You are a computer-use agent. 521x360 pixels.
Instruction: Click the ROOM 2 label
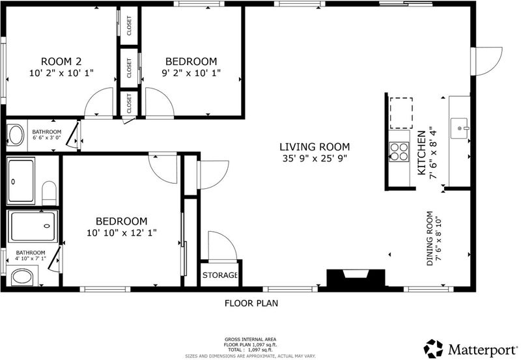click(x=61, y=61)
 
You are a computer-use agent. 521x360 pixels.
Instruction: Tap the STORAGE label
click(x=220, y=275)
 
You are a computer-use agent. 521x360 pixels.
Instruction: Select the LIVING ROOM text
click(x=315, y=146)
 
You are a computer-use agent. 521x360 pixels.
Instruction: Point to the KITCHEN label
click(x=421, y=153)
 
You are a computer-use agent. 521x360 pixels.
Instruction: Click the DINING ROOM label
click(x=430, y=238)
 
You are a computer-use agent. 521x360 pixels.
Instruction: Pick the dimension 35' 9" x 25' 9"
click(x=315, y=158)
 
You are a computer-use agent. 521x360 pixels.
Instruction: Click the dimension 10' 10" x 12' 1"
click(x=122, y=233)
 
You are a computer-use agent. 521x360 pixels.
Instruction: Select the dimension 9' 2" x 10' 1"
click(x=191, y=73)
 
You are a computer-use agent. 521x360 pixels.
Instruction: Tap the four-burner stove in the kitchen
click(x=399, y=152)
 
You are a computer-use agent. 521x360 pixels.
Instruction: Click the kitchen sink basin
click(x=459, y=128)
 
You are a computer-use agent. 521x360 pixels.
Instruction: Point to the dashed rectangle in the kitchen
click(x=401, y=113)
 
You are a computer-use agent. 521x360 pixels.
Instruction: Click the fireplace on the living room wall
click(x=356, y=277)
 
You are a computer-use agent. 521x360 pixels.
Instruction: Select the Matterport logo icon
click(x=433, y=349)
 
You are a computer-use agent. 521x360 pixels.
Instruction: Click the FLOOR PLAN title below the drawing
click(x=251, y=303)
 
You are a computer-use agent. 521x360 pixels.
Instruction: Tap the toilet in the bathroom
click(x=49, y=193)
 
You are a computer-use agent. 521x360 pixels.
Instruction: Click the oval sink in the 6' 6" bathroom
click(x=16, y=135)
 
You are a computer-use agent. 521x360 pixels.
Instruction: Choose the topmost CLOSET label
click(x=129, y=25)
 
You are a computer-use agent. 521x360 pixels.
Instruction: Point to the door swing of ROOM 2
click(x=99, y=102)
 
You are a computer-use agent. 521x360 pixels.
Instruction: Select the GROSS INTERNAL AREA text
click(x=251, y=339)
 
